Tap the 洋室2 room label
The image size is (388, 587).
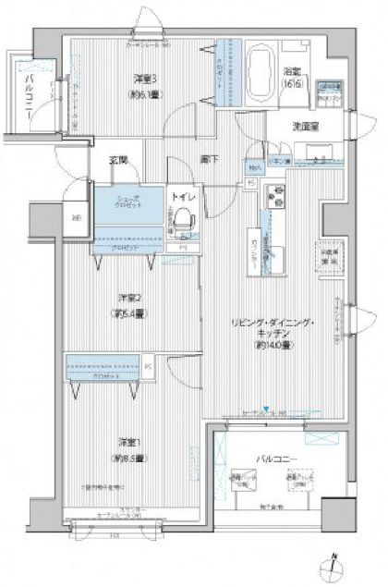[130, 297]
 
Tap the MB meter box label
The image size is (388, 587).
[76, 219]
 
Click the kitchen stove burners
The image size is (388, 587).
[275, 196]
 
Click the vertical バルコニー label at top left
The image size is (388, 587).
[30, 96]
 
